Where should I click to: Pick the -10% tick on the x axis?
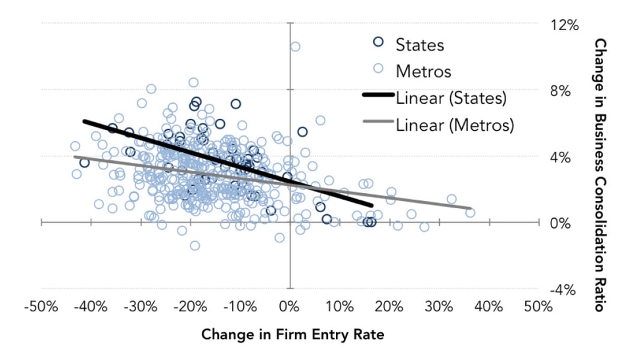point(239,308)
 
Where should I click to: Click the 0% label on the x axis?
point(289,308)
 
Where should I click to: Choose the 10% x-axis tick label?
point(339,308)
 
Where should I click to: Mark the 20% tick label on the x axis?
point(388,308)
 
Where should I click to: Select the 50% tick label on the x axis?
point(537,308)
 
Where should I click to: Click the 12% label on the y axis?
point(565,26)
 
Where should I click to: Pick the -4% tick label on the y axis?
point(564,290)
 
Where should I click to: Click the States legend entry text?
point(419,45)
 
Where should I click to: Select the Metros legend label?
point(423,70)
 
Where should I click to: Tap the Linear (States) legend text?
point(451,98)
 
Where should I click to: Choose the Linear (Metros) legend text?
point(454,124)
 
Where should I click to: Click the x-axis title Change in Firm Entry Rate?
point(292,334)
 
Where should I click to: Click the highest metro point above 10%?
point(295,47)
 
